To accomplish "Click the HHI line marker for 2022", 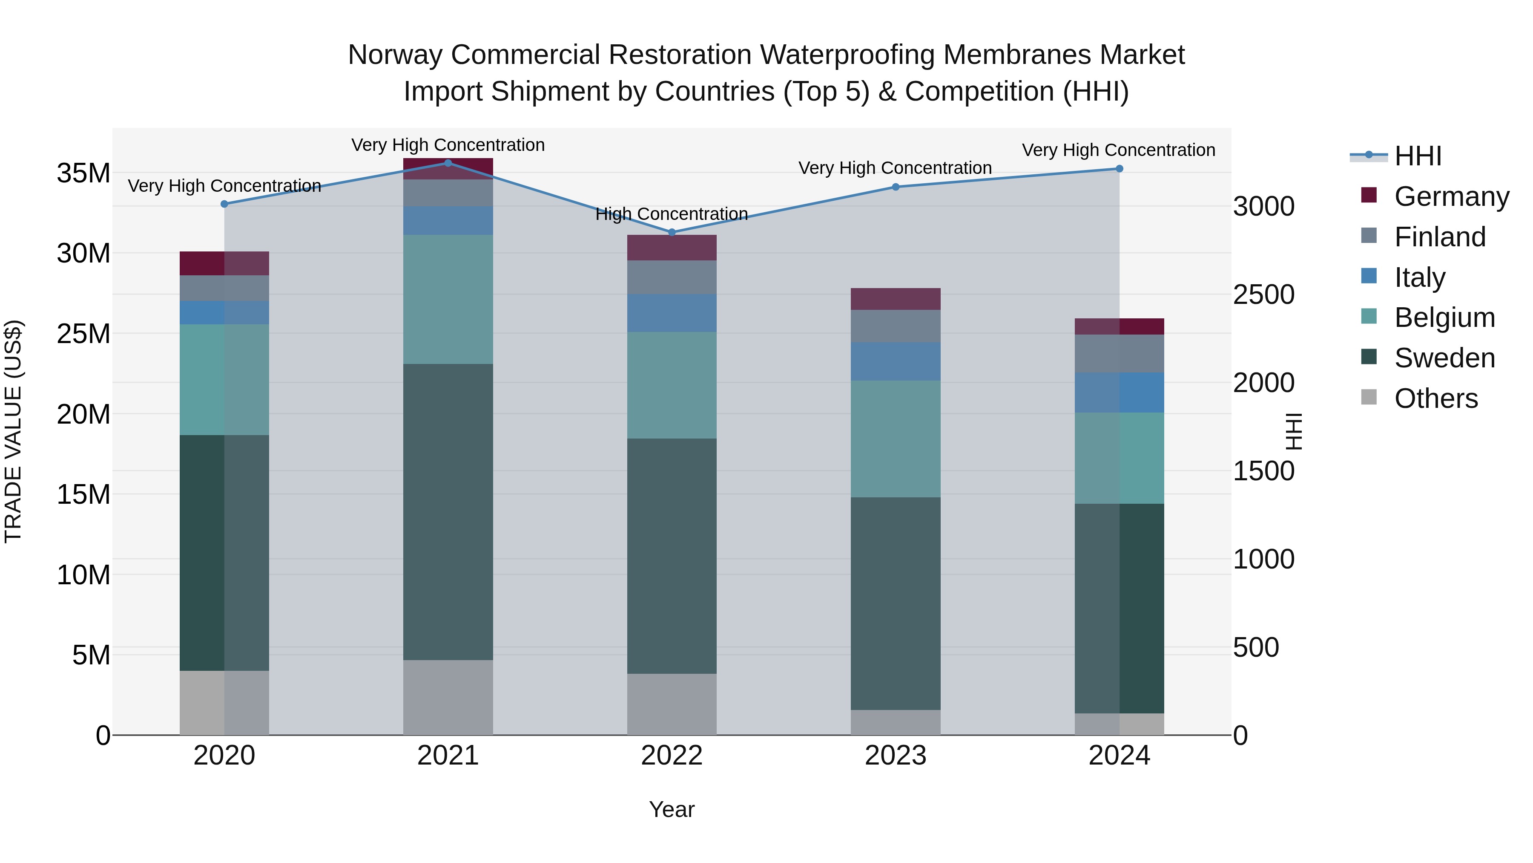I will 672,232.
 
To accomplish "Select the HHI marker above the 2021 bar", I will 448,163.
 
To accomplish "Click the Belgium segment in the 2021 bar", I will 448,299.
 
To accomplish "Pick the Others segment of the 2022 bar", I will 672,704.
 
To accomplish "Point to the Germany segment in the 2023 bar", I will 896,299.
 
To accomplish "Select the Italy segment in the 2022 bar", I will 672,313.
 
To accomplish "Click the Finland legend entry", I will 1440,237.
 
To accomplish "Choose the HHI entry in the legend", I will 1418,156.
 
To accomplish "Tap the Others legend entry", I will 1435,398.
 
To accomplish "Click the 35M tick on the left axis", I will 83,173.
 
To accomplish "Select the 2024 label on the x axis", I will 1119,756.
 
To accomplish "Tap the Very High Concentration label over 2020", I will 224,186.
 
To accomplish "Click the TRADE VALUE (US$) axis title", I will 13,431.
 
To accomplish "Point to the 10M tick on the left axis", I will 83,575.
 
